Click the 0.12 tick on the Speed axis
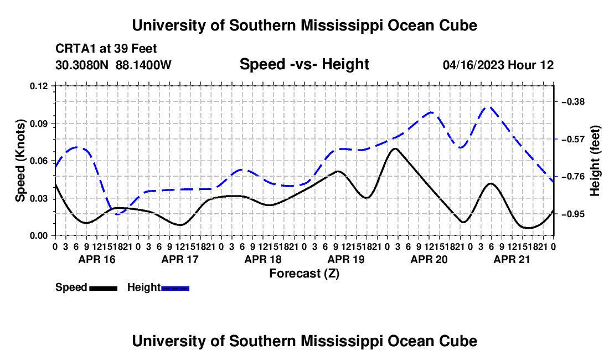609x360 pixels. tap(38, 86)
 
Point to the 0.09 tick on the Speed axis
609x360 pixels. tap(38, 124)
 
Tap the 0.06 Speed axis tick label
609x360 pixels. tap(38, 161)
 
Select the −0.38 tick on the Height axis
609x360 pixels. tap(573, 102)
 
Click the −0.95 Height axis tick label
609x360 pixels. tap(573, 214)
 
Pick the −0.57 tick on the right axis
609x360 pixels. tap(573, 139)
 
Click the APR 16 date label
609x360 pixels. tap(97, 259)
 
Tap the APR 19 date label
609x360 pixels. tap(346, 259)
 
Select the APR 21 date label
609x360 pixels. tap(512, 259)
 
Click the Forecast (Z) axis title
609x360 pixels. tap(304, 274)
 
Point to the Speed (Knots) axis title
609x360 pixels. tap(20, 161)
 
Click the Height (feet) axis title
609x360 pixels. tap(595, 161)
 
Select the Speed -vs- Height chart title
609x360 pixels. tap(304, 64)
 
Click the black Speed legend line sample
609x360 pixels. tap(104, 288)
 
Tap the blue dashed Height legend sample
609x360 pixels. tap(175, 288)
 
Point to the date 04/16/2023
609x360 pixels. tap(473, 65)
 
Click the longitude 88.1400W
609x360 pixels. tap(143, 65)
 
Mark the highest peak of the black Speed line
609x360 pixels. tap(395, 148)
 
